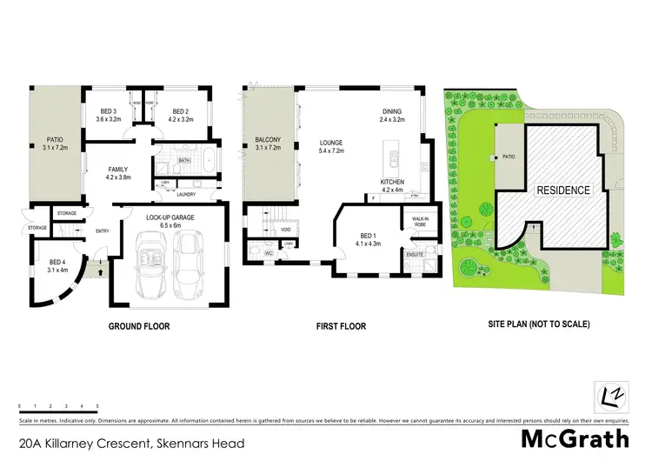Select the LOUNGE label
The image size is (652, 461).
(x=330, y=142)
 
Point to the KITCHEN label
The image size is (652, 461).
(x=393, y=182)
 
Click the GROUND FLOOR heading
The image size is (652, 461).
(x=138, y=327)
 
